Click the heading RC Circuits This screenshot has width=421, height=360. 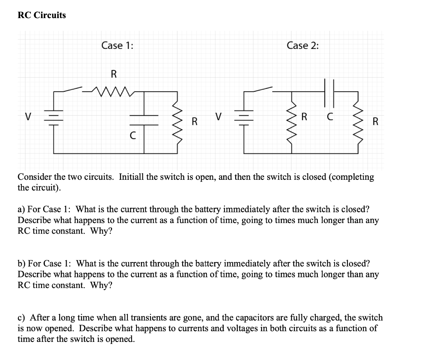pos(42,15)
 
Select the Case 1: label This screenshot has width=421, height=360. pos(117,45)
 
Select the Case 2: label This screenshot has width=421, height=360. pos(303,45)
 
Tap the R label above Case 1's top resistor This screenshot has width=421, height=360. pos(114,74)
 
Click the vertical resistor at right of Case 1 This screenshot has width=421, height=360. pos(178,122)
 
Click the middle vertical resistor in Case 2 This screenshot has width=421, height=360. pos(293,122)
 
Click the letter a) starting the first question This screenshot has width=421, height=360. pos(21,209)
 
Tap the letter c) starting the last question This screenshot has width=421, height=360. pos(21,318)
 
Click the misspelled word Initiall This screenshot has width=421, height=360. pos(132,177)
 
